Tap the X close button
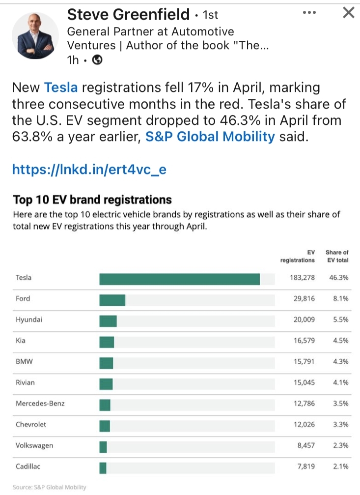click(348, 13)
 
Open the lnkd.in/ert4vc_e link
click(89, 170)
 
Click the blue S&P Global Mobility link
click(210, 137)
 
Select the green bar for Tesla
click(179, 279)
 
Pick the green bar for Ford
click(112, 300)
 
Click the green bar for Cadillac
click(103, 468)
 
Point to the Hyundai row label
click(29, 320)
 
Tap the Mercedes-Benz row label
click(40, 404)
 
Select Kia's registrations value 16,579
click(304, 340)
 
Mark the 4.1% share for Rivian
click(340, 382)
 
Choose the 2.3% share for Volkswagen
click(340, 445)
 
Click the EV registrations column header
click(298, 256)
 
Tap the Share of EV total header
click(337, 256)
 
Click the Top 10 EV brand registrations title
click(92, 200)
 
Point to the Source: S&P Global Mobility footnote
click(49, 487)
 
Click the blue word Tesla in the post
click(61, 88)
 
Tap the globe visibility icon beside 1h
click(97, 60)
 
